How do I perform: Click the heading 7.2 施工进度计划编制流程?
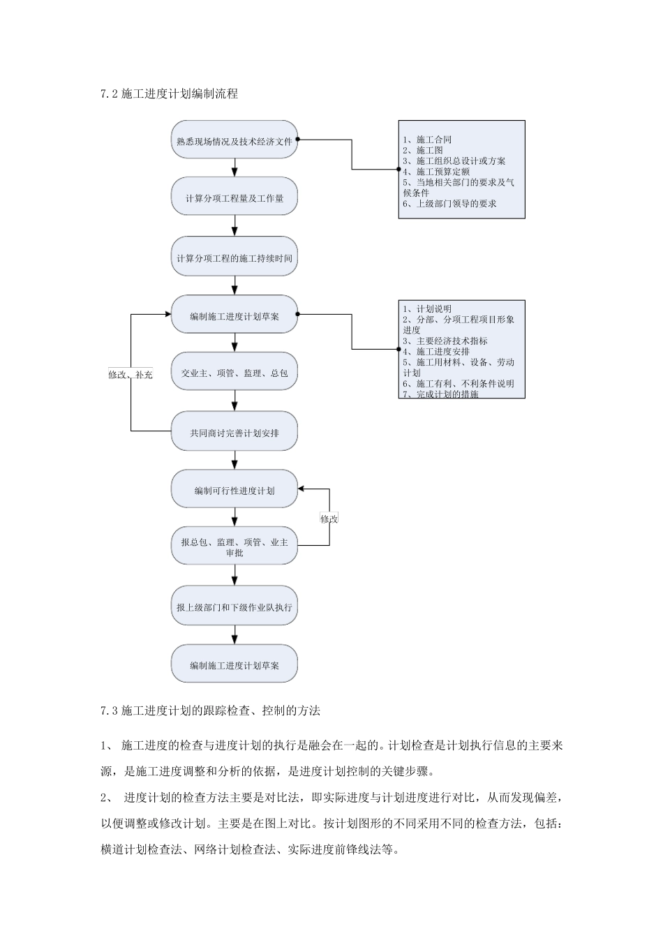pos(169,94)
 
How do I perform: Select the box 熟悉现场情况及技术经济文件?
pos(234,140)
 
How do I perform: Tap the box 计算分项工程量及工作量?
pos(234,198)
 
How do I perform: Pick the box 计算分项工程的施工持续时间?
pos(234,258)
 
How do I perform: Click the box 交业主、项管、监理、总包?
pos(234,373)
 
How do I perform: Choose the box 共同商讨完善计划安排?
pos(234,433)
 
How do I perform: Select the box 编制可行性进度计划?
pos(234,491)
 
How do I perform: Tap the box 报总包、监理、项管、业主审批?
pos(234,547)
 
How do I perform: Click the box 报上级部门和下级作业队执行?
pos(234,607)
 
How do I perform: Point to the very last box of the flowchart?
pos(234,665)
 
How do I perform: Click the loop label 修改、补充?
pos(131,375)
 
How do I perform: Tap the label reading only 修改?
pos(329,519)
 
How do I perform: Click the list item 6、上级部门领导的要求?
pos(449,204)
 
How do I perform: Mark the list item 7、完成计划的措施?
pos(440,394)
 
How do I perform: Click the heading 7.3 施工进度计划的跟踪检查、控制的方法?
pos(210,711)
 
